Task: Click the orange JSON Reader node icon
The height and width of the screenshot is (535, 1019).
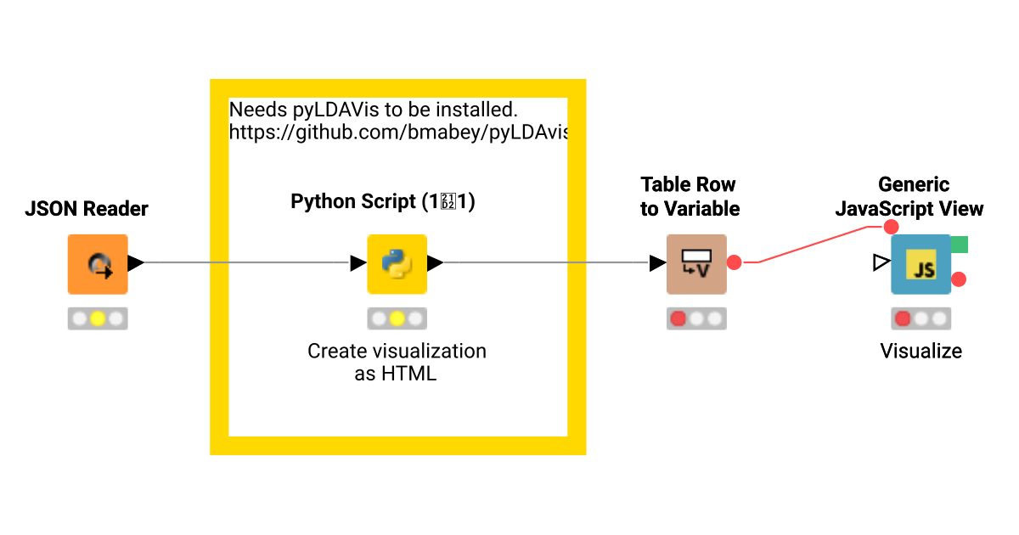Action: [x=98, y=264]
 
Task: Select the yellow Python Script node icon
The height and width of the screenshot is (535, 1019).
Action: [x=397, y=264]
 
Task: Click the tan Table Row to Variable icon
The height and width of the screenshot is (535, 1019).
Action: [x=696, y=264]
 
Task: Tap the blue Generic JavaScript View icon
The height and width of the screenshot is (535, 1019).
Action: [x=920, y=264]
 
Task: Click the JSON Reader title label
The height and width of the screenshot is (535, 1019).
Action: [x=87, y=209]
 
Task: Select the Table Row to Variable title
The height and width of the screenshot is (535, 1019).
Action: [x=690, y=196]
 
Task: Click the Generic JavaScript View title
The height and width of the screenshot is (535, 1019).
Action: [x=909, y=196]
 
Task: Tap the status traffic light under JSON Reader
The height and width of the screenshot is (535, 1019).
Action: [x=98, y=318]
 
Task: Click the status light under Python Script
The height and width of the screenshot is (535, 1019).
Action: [x=397, y=318]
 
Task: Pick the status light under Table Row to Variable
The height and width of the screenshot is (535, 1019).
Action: [x=696, y=318]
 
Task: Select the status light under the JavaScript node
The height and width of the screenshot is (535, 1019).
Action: [x=920, y=318]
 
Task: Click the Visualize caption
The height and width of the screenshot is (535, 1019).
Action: [x=920, y=351]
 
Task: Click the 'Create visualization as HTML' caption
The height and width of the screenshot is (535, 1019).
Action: [x=397, y=362]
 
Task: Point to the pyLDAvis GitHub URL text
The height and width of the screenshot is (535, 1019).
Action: [x=398, y=132]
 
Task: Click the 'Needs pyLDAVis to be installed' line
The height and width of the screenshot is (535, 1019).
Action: [x=374, y=110]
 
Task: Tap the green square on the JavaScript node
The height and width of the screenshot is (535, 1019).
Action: [x=959, y=245]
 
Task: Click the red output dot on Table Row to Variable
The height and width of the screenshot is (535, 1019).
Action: [x=735, y=263]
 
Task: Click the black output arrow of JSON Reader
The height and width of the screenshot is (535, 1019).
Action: [x=136, y=263]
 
